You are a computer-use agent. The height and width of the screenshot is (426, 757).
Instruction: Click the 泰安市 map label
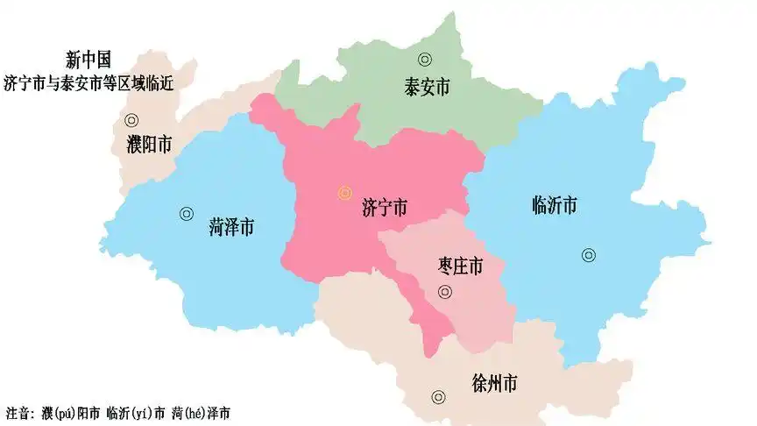tap(428, 87)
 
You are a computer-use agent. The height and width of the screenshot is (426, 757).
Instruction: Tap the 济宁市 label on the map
tap(385, 209)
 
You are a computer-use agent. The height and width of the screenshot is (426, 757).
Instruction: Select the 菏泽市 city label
tap(232, 227)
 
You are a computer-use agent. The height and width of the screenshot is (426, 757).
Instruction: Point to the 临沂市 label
tap(555, 207)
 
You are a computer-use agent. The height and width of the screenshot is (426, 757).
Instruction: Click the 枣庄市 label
tap(459, 264)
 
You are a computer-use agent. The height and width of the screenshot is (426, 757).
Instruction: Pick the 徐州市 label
tap(494, 384)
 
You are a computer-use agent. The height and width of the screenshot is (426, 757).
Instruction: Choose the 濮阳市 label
tap(149, 145)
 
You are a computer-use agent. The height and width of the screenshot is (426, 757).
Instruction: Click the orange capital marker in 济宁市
tap(344, 193)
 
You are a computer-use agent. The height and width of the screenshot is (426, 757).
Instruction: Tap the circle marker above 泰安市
tap(425, 60)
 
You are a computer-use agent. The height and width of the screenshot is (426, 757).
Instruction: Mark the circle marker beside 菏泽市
tap(187, 213)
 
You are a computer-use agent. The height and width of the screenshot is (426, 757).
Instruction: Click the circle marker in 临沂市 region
tap(588, 256)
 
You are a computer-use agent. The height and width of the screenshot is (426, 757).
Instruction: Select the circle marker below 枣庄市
tap(445, 292)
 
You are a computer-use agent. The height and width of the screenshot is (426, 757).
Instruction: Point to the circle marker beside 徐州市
tap(439, 396)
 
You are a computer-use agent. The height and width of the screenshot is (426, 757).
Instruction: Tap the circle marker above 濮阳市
tap(131, 121)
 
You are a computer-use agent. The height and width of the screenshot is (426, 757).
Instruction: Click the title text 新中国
tap(88, 60)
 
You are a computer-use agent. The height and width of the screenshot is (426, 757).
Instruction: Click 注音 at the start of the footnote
tap(19, 412)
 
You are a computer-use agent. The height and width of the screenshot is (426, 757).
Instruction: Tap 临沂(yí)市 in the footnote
tap(135, 412)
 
